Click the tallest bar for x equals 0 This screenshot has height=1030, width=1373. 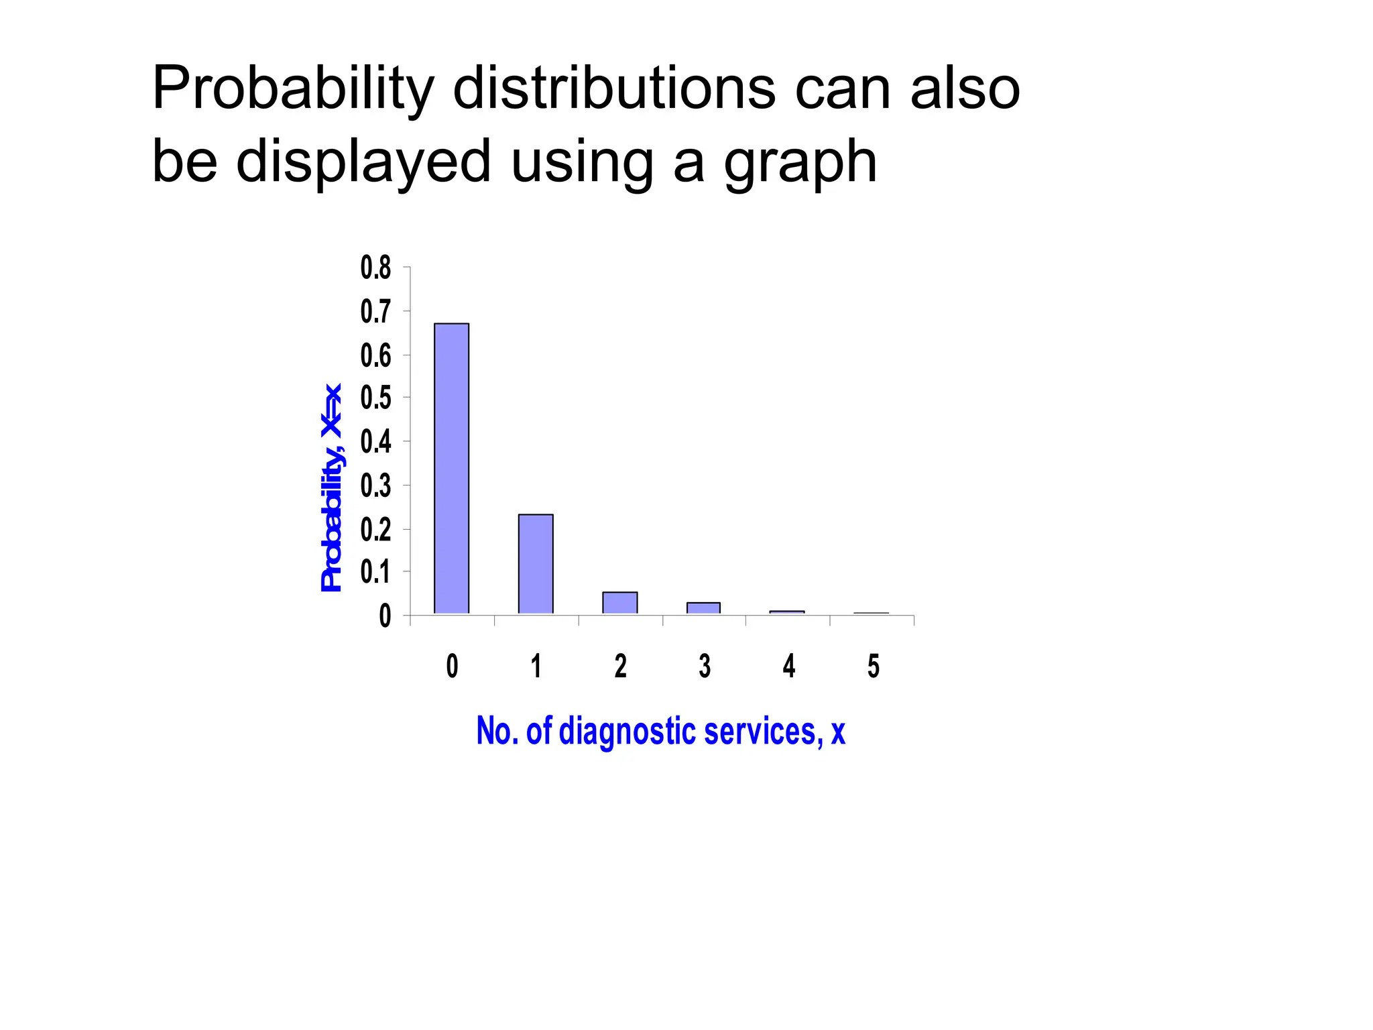[x=451, y=468]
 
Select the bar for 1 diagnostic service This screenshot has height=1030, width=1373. [x=536, y=563]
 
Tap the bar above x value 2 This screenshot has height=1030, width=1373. [x=619, y=602]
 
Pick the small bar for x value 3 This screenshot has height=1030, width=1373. [x=703, y=608]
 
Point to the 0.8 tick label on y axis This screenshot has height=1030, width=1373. [x=375, y=268]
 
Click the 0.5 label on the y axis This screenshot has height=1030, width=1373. [x=375, y=398]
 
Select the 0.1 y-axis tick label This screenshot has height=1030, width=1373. [x=375, y=572]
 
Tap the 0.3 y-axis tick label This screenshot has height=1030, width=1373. [x=375, y=485]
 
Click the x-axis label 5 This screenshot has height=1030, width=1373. [x=873, y=666]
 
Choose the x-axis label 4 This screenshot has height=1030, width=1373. [x=789, y=666]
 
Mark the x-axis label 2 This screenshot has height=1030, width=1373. [x=620, y=666]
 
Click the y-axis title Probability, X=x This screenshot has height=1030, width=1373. [x=332, y=488]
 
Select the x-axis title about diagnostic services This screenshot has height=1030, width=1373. [x=660, y=731]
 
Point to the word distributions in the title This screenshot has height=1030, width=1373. [x=614, y=89]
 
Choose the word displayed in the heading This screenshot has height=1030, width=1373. [x=364, y=163]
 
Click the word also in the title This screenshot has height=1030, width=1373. [x=965, y=89]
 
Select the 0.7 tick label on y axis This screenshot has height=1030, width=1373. [x=375, y=312]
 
